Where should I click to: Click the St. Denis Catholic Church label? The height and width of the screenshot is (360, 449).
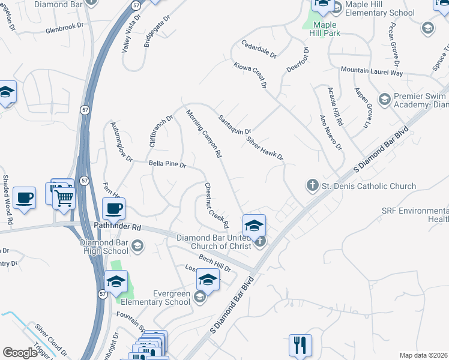(x=369, y=186)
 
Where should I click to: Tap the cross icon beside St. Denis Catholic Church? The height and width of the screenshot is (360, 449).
(x=312, y=185)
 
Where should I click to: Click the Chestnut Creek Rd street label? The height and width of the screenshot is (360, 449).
(x=216, y=206)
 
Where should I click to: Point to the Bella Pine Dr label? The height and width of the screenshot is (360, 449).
(x=167, y=164)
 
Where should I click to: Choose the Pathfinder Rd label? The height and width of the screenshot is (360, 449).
(x=118, y=227)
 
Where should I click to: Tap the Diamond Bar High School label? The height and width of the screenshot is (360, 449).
(x=104, y=247)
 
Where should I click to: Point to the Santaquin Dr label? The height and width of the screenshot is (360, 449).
(x=234, y=124)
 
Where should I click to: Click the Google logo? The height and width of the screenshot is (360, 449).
(x=20, y=353)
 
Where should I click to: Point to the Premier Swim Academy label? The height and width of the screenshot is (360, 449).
(x=420, y=100)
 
